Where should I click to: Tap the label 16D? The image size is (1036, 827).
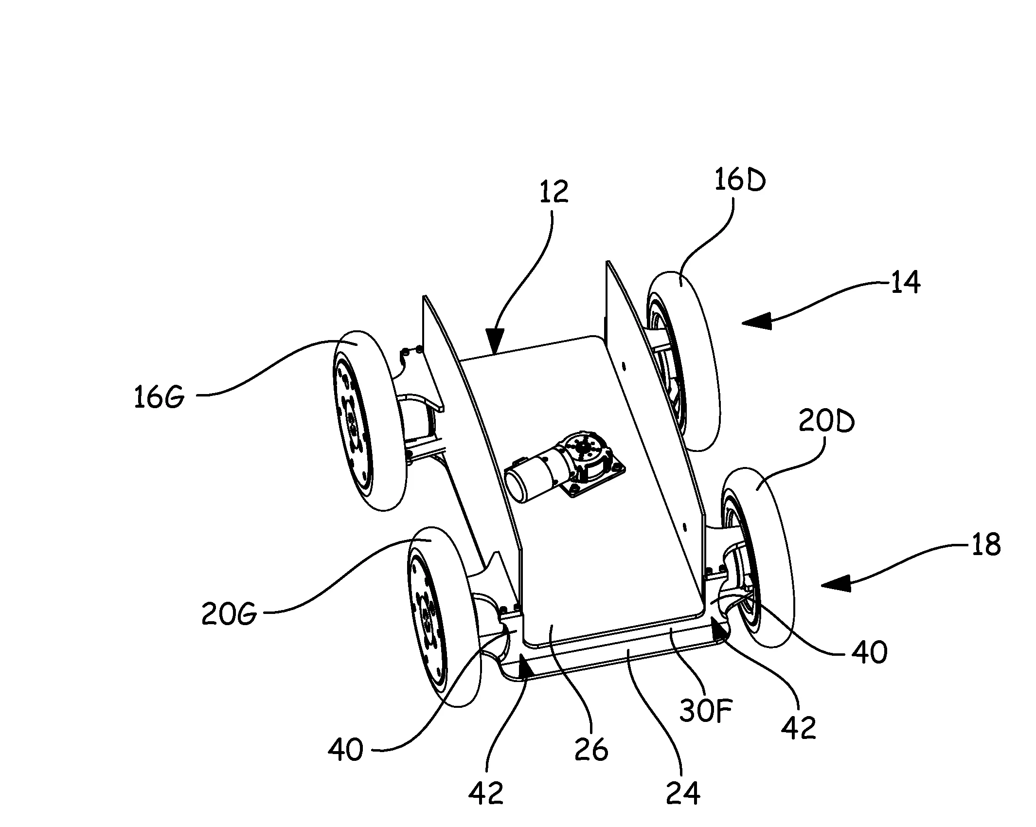click(740, 181)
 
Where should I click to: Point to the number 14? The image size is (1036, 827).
click(905, 282)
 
